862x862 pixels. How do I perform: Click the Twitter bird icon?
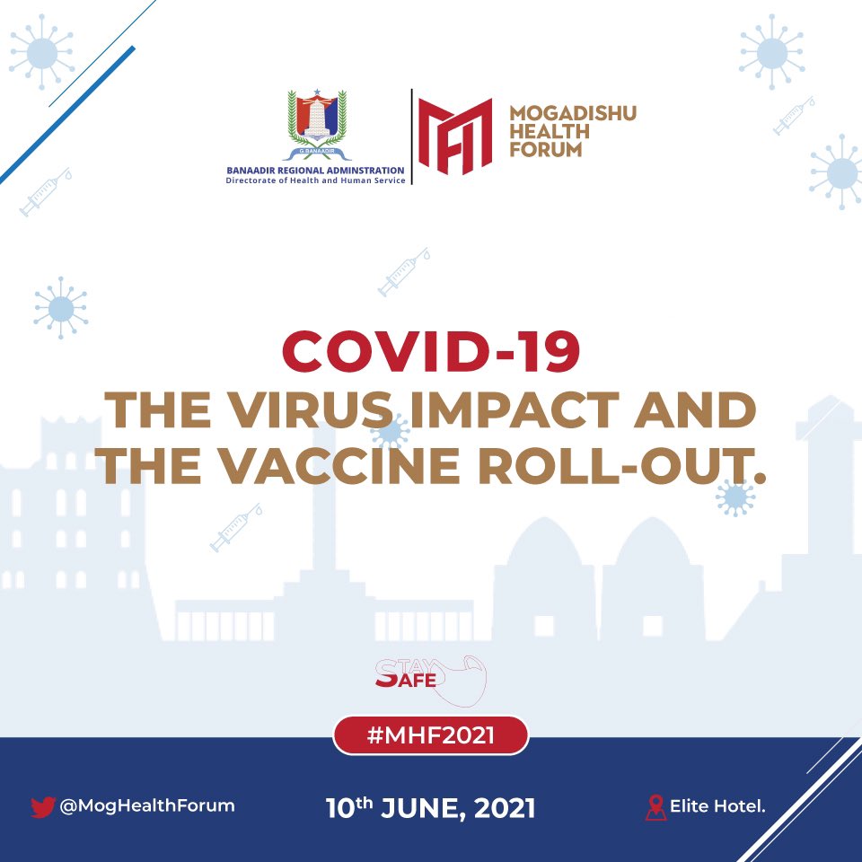pos(42,806)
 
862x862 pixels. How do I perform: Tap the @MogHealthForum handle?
pos(147,805)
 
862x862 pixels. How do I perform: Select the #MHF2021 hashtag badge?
pos(431,735)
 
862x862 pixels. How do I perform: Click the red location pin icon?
pos(656,807)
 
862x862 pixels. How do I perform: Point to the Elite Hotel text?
pos(717,806)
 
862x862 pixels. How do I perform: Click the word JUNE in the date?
pos(427,807)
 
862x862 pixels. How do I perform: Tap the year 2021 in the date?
pos(505,807)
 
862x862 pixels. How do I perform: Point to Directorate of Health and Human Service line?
pos(315,180)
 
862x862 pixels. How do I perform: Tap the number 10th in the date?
pos(347,806)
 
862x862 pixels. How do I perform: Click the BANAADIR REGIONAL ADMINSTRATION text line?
pos(315,169)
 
